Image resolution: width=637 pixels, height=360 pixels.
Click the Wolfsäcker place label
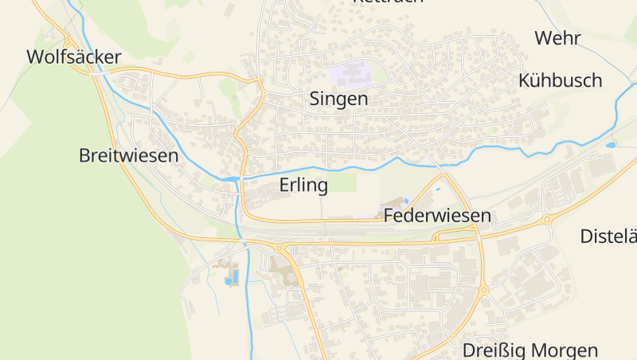click(73, 57)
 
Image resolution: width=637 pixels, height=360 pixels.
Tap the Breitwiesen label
click(128, 155)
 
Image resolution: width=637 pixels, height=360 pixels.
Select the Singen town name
click(338, 100)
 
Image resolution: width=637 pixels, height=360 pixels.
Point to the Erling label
click(304, 186)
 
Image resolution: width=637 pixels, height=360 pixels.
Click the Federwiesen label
click(437, 216)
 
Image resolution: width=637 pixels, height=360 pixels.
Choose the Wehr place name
click(557, 38)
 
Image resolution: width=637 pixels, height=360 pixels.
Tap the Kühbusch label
click(560, 80)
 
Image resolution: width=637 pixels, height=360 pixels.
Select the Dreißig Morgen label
click(530, 350)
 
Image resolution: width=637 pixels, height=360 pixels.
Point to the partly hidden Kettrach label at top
click(387, 2)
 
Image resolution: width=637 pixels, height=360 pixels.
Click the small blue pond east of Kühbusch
click(611, 146)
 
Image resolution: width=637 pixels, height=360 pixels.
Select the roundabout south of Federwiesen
click(482, 290)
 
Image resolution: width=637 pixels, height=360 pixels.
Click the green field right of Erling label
click(344, 183)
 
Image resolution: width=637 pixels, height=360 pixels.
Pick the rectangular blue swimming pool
click(233, 279)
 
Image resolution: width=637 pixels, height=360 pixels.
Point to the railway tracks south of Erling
click(334, 232)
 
